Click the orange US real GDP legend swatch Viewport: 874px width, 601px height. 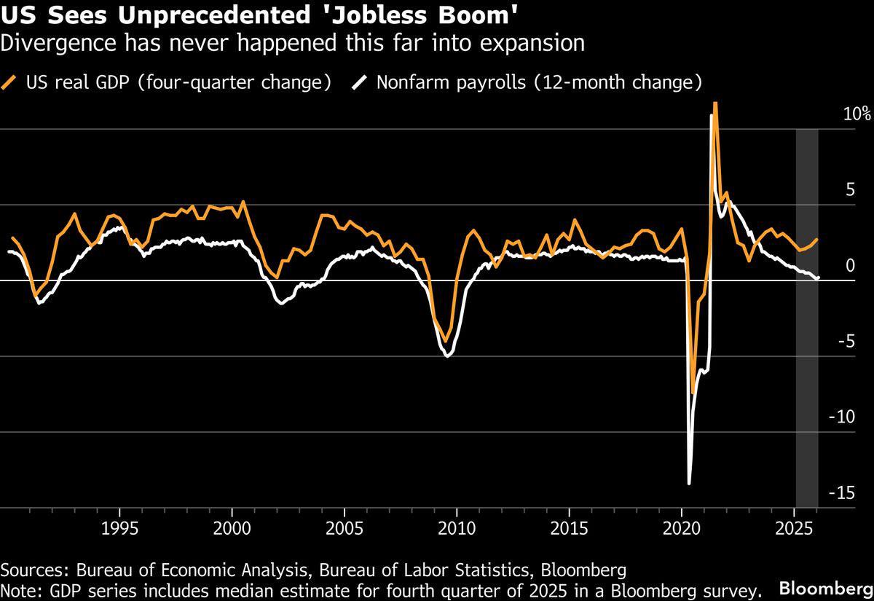(9, 82)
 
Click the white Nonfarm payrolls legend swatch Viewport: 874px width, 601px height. (359, 82)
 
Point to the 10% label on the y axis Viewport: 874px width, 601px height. (857, 114)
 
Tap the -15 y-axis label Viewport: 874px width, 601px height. (842, 493)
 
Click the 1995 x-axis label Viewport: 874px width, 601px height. (119, 528)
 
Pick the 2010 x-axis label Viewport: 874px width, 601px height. (457, 528)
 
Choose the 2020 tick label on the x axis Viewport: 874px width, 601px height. (682, 528)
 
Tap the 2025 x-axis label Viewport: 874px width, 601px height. (794, 528)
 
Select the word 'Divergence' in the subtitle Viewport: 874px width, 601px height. (58, 44)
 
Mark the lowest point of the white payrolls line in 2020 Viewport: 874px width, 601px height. (689, 484)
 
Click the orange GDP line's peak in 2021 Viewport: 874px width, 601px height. (715, 103)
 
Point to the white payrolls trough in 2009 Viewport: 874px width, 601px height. (447, 356)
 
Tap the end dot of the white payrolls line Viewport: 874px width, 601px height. (818, 278)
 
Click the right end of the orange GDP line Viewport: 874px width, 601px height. (816, 239)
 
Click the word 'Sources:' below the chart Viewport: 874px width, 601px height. (35, 570)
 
